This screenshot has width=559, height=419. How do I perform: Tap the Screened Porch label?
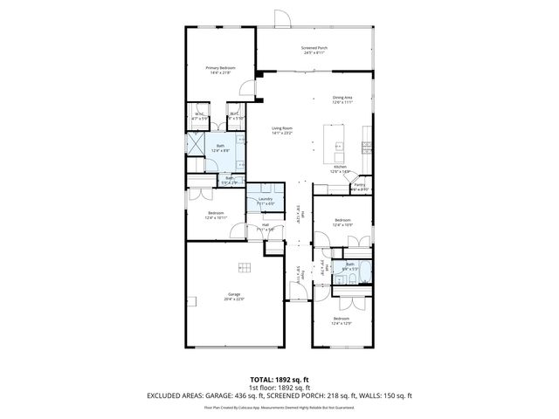pos(314,51)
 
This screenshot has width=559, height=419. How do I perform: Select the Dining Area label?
pos(342,100)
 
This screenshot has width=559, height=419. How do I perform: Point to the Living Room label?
pos(281,130)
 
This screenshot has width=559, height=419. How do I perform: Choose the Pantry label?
pos(359,186)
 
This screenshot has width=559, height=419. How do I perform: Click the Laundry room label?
pos(266,201)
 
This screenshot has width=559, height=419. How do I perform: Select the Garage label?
pos(234,296)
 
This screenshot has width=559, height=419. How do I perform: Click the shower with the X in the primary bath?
pos(197,146)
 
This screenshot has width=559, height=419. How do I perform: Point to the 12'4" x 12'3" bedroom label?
pos(342,321)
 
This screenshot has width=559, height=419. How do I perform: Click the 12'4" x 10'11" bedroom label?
pos(216,215)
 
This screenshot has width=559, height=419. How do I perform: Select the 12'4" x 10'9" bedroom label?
pos(342,222)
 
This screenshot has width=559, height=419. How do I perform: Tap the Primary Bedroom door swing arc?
pos(248,87)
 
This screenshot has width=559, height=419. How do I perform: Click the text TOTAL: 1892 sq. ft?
pos(279,380)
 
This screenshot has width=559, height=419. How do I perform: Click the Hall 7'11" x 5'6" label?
pos(266,227)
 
